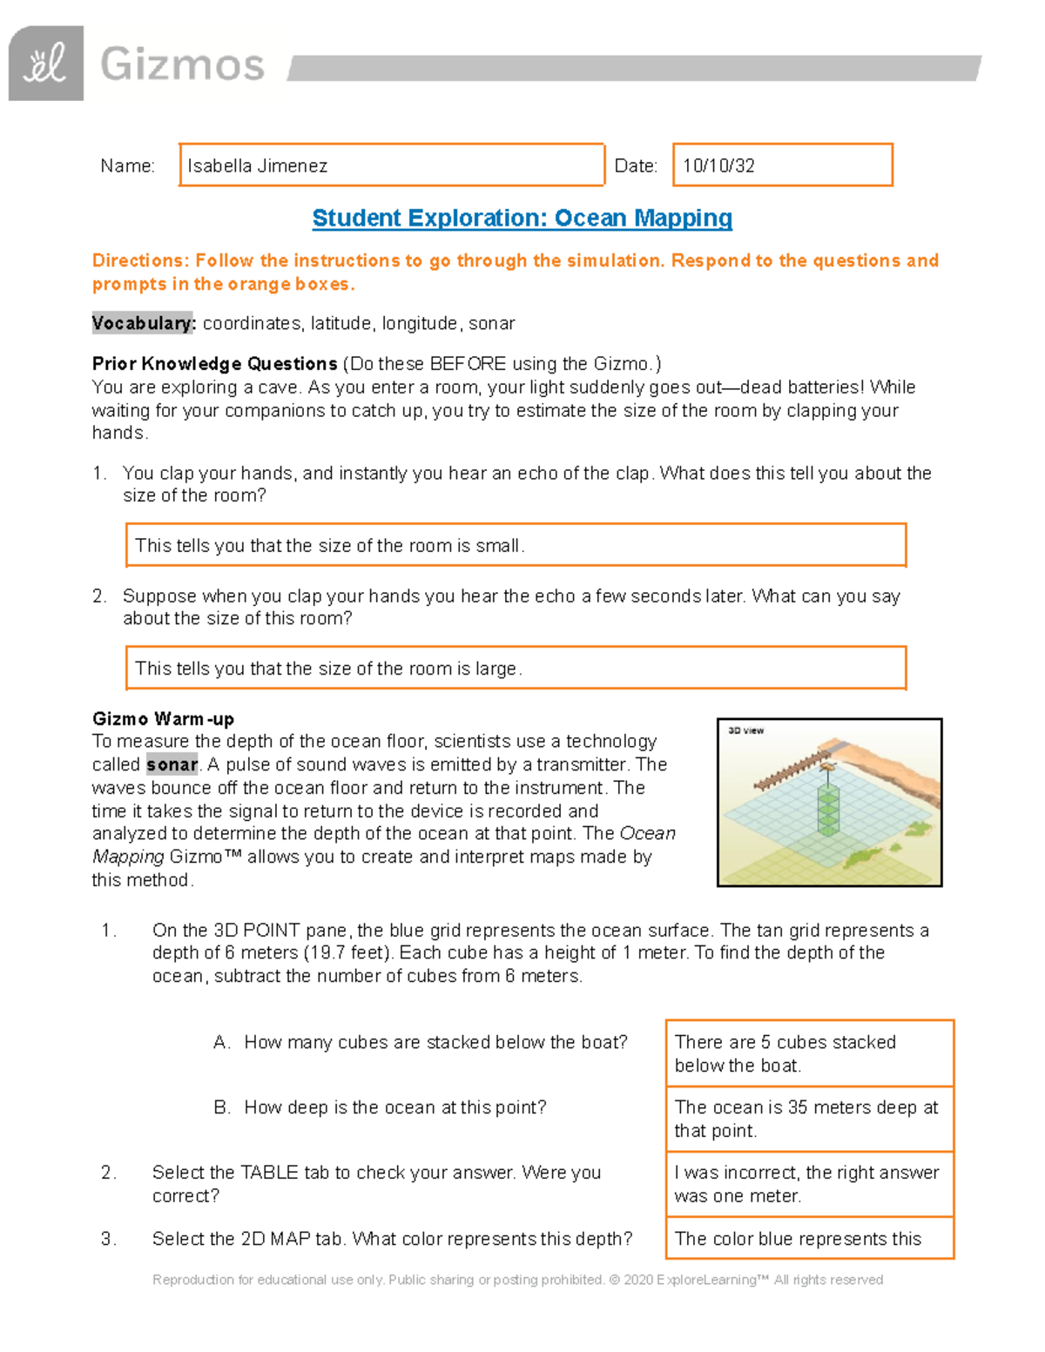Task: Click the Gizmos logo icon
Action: (x=46, y=64)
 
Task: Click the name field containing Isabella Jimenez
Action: (x=391, y=165)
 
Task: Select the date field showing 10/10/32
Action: (x=782, y=165)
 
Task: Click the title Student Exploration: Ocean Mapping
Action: (x=522, y=218)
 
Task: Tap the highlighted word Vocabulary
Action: (x=143, y=323)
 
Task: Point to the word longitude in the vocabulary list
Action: (x=421, y=323)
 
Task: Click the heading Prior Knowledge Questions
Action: (x=214, y=363)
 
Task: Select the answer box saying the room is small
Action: (x=516, y=546)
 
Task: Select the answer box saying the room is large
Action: (x=516, y=669)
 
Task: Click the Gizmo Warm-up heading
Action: (x=163, y=719)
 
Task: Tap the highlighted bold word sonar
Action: (x=172, y=764)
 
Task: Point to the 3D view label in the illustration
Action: (x=745, y=730)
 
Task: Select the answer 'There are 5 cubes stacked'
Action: (x=809, y=1053)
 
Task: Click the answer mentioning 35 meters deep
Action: (x=809, y=1119)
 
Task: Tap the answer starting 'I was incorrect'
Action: (x=809, y=1184)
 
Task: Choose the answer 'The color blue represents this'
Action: (x=809, y=1239)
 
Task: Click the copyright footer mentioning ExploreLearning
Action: (x=517, y=1280)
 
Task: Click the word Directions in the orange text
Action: (x=139, y=260)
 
